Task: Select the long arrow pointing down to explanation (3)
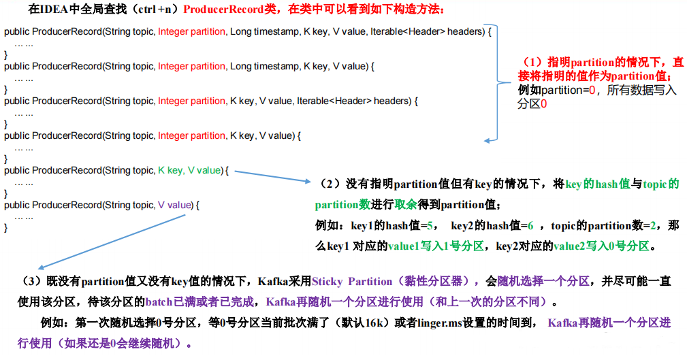click(x=109, y=242)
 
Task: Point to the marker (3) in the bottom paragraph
click(x=33, y=281)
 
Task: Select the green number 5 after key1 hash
click(x=431, y=225)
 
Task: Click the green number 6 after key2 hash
click(x=530, y=225)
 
